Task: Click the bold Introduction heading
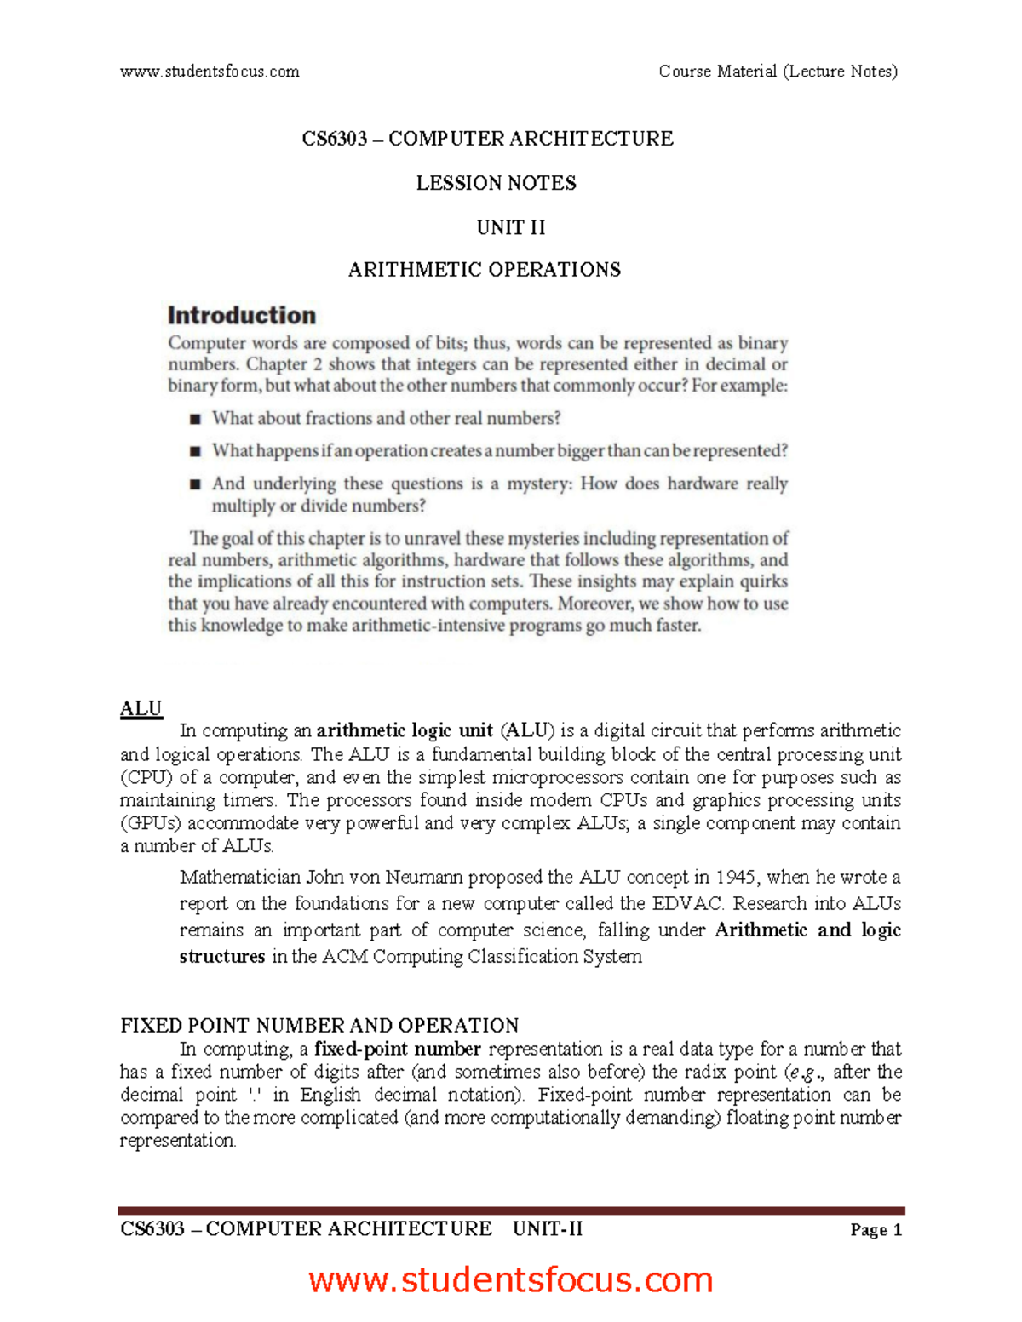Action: point(242,316)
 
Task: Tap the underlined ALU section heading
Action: point(141,709)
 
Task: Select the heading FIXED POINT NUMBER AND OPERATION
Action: point(319,1025)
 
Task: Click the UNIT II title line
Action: point(511,227)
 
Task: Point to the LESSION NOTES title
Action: point(496,183)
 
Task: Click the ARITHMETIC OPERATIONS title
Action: point(485,270)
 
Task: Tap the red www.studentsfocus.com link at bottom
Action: point(511,1280)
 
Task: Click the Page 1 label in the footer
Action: point(876,1230)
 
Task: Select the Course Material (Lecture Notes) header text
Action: point(778,72)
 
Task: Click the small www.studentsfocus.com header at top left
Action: point(210,72)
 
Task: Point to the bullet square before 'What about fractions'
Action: point(195,419)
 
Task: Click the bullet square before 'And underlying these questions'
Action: point(195,484)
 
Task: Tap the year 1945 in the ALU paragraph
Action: point(737,877)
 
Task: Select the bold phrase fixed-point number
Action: point(398,1049)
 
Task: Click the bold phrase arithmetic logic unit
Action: point(405,730)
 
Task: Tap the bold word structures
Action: point(222,956)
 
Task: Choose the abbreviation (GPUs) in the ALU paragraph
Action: point(151,823)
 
